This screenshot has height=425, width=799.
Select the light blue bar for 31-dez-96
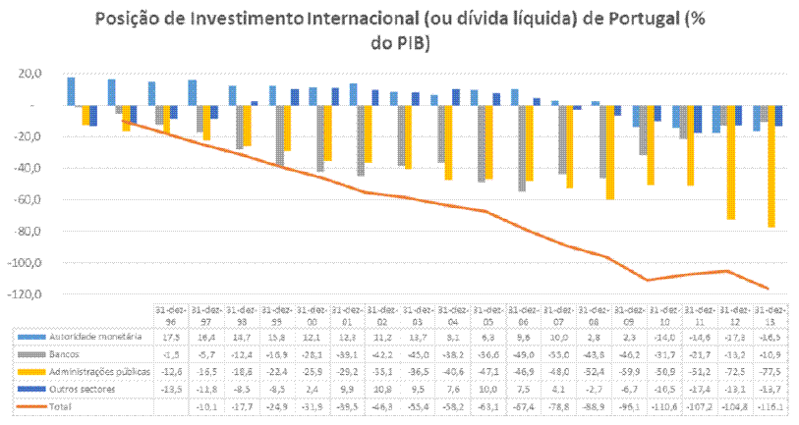pos(71,90)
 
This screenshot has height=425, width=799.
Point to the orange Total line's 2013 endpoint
pos(768,289)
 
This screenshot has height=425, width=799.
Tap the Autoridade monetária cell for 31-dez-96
pos(171,337)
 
